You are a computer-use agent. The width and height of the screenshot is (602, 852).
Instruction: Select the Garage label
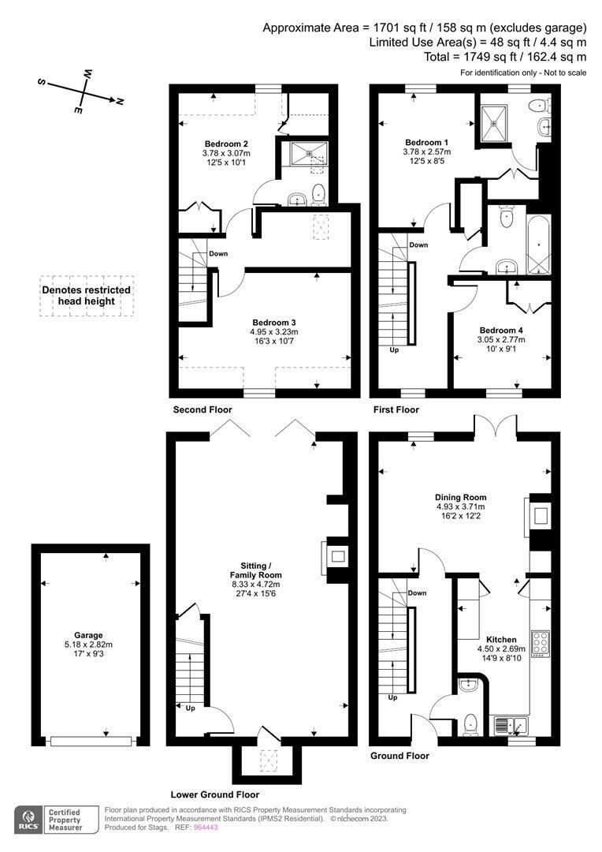click(89, 635)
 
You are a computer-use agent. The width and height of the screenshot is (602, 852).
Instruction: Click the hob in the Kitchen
click(541, 644)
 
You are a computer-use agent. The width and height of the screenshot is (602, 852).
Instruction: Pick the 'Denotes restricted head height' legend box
click(87, 296)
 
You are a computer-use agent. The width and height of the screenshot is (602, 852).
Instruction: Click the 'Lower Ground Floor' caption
click(214, 794)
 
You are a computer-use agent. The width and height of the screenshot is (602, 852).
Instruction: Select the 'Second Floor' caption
click(203, 410)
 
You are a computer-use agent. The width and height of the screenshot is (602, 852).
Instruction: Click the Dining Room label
click(461, 497)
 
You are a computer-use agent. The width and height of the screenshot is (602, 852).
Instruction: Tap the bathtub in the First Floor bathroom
click(538, 239)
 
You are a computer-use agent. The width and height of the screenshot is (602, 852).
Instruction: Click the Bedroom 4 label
click(501, 330)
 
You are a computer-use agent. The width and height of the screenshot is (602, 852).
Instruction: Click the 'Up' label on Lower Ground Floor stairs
click(190, 708)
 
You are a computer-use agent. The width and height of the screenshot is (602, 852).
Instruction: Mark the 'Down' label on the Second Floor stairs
click(218, 253)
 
